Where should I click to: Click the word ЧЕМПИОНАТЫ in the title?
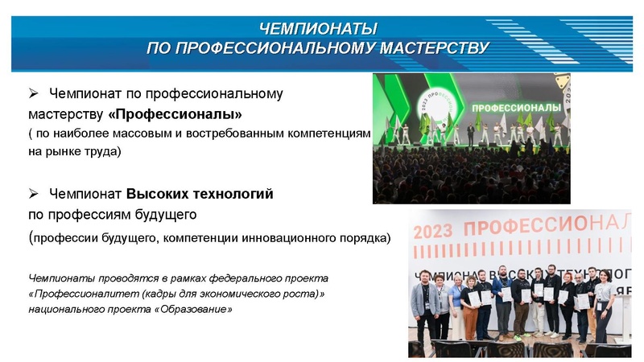pyautogui.click(x=318, y=29)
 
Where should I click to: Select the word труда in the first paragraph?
pyautogui.click(x=101, y=150)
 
